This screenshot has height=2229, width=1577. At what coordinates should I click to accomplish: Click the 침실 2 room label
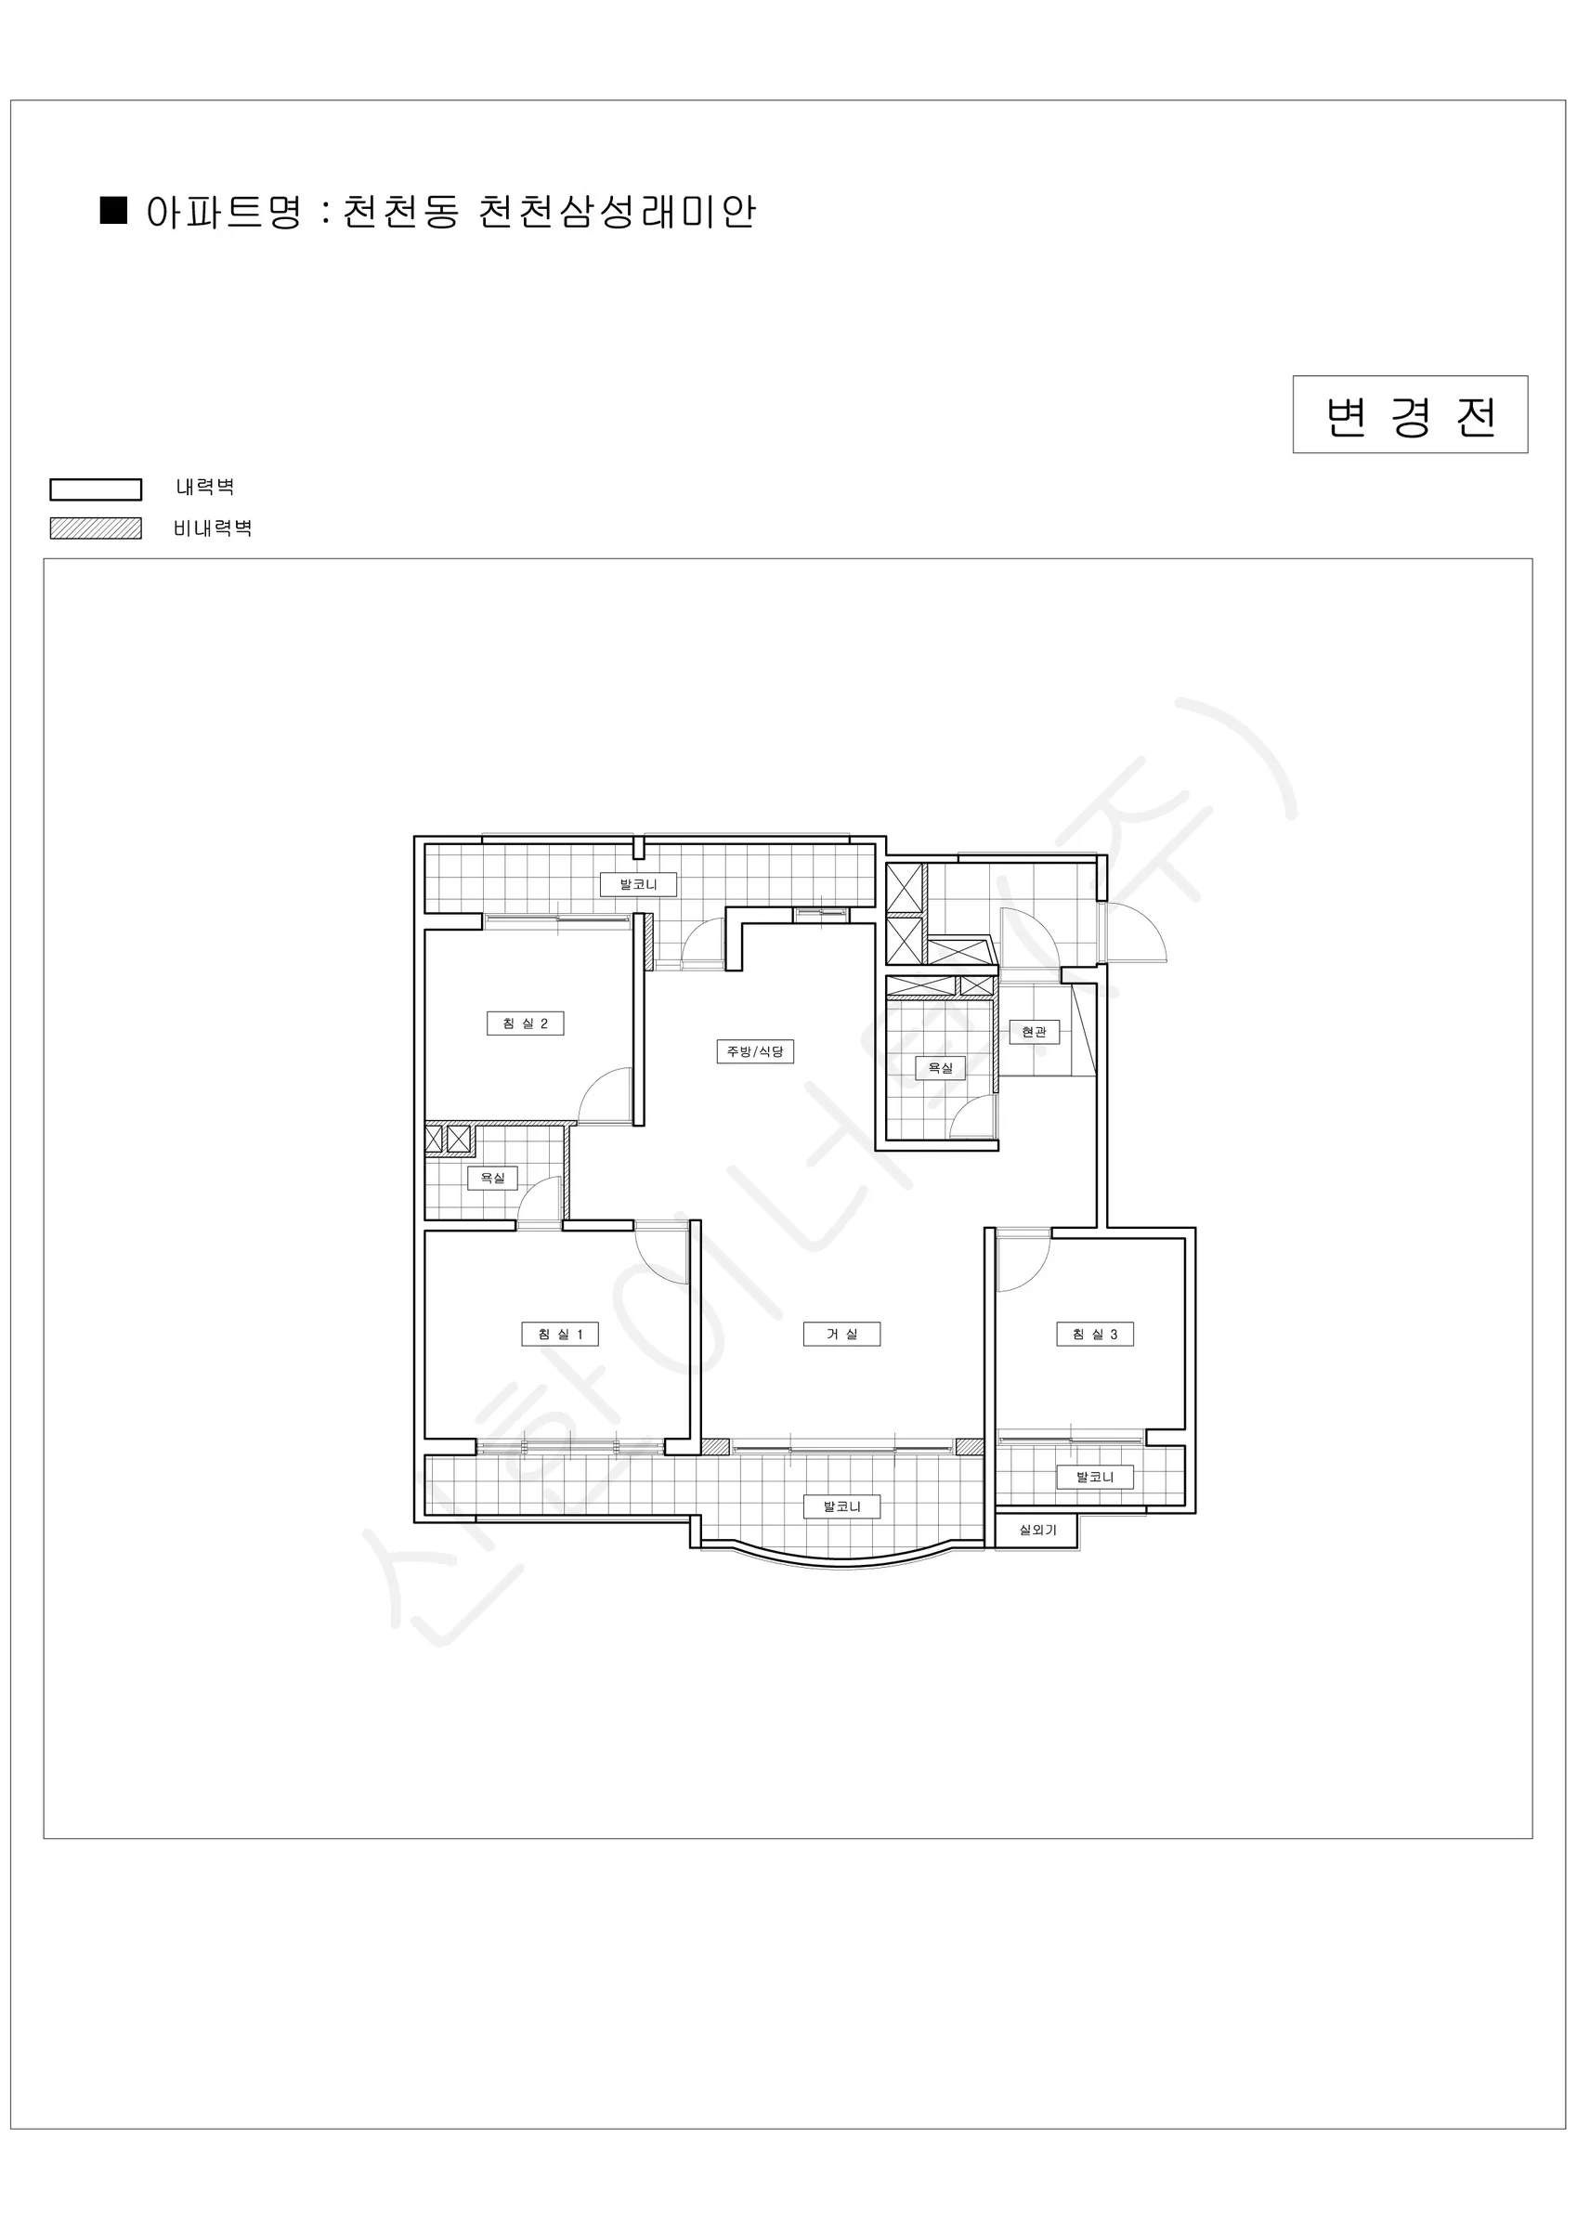click(526, 1023)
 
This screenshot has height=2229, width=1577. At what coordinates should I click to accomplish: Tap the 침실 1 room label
click(560, 1334)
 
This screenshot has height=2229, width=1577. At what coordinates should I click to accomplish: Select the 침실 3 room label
click(1095, 1334)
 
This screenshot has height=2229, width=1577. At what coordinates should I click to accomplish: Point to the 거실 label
click(842, 1334)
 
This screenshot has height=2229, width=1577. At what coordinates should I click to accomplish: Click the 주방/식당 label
click(755, 1050)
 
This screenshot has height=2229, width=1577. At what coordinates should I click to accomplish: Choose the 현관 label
click(1035, 1031)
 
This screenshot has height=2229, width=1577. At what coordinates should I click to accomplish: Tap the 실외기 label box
click(1037, 1530)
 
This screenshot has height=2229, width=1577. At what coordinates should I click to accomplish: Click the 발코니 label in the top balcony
click(638, 884)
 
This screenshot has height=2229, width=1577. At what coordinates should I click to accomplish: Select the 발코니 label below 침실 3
click(1095, 1477)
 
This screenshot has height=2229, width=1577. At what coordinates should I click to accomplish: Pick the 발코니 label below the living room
click(842, 1506)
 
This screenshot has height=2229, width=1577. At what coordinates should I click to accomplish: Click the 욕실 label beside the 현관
click(941, 1068)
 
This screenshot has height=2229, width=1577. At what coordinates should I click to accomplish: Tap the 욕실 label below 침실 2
click(493, 1178)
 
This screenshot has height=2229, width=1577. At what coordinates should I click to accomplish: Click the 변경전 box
click(1410, 414)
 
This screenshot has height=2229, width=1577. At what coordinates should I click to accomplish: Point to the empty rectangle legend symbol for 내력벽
click(97, 489)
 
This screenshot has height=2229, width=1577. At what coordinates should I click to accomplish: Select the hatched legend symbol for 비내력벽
click(97, 528)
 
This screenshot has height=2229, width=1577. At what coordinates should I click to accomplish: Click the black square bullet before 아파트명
click(113, 210)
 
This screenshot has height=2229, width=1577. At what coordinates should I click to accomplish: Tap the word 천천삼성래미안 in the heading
click(618, 211)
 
